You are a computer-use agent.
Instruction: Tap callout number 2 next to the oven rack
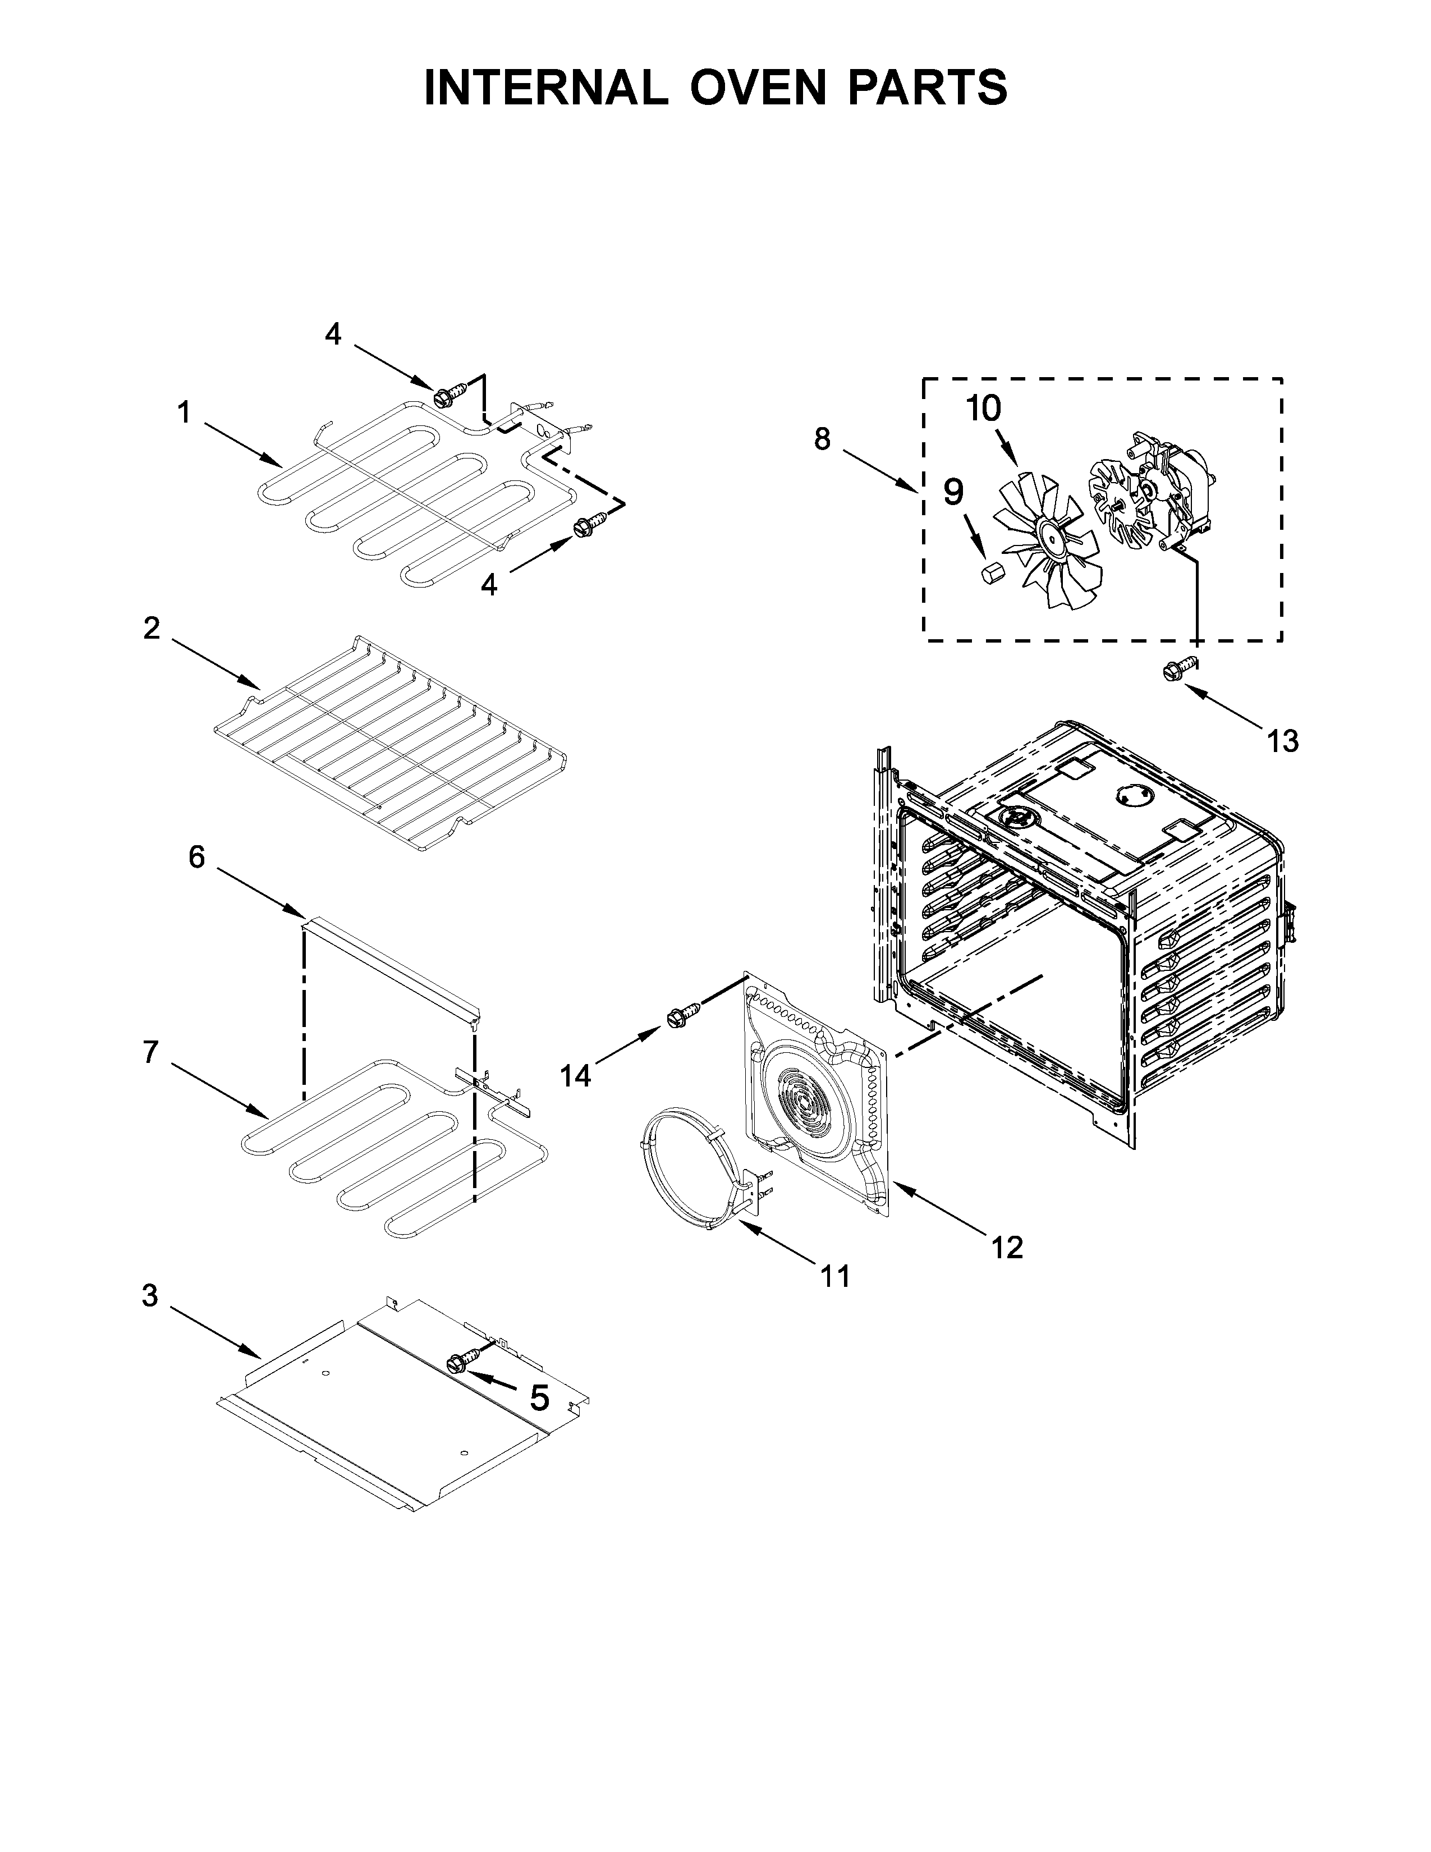pos(151,629)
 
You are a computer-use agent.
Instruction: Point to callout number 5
pos(539,1397)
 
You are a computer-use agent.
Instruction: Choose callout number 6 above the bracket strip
pos(196,858)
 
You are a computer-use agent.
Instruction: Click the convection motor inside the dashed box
pos(1174,492)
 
